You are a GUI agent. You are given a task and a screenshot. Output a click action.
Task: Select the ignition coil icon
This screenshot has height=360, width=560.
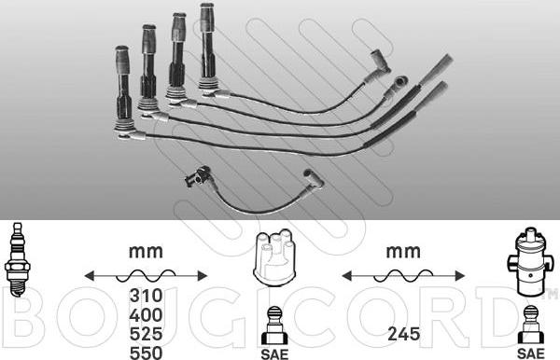529,260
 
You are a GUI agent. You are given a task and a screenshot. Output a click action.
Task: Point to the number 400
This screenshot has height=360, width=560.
145,314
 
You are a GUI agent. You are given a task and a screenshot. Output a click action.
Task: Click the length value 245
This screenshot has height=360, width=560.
403,331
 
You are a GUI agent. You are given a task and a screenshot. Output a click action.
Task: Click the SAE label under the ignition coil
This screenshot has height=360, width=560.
530,352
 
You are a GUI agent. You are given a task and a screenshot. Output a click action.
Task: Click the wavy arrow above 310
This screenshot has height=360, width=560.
145,275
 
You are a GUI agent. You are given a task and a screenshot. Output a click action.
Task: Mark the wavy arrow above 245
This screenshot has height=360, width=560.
403,275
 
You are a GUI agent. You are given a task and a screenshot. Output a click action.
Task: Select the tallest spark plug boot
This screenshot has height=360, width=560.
207,47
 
